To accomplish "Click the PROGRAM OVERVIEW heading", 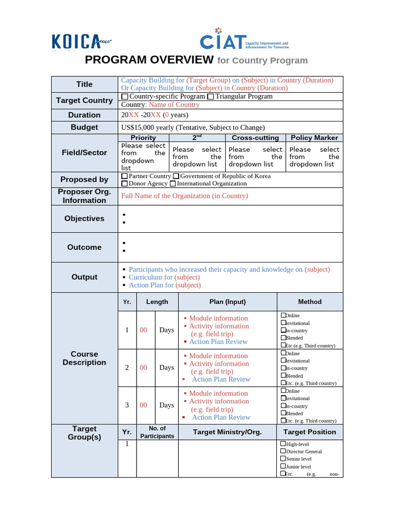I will pos(149,59).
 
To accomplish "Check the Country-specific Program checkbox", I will pos(125,96).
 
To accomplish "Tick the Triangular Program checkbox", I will pos(210,96).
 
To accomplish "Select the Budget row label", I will pos(84,128).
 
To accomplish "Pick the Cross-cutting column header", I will pos(255,138).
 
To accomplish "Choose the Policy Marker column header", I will pos(314,138).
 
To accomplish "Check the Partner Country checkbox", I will pos(124,176).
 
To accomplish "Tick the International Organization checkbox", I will pos(172,184).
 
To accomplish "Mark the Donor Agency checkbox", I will pos(124,184).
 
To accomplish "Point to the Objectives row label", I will pos(84,218).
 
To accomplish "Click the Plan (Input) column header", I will pos(227,302).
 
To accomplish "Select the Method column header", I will pos(310,302).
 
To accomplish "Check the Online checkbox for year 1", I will pos(283,315).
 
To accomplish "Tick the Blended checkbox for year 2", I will pos(283,376).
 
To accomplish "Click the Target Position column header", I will pos(310,432).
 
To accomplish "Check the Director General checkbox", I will pos(283,451).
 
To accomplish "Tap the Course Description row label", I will pos(84,358).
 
